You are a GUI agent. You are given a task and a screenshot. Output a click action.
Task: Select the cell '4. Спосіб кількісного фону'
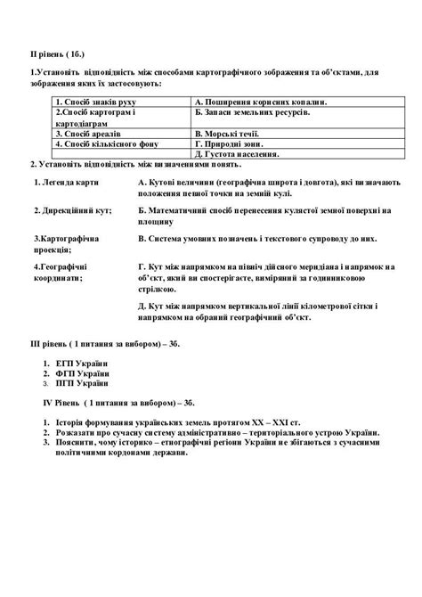click(x=97, y=143)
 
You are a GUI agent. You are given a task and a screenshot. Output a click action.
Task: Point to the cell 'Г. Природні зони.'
click(x=228, y=143)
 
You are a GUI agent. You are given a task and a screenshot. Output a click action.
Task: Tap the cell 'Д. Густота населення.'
click(x=235, y=153)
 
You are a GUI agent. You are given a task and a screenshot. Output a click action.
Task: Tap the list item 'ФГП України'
click(x=85, y=374)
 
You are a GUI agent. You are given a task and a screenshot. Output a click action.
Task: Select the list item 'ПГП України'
click(x=84, y=384)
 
